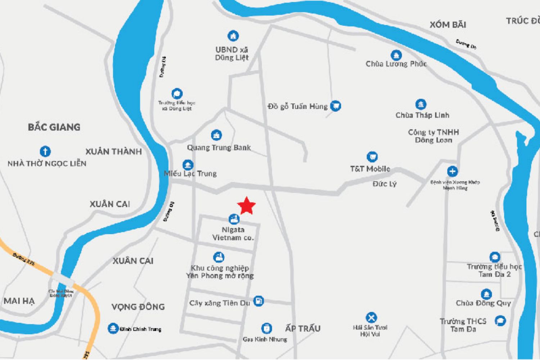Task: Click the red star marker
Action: [x=247, y=206]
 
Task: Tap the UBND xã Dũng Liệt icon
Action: [x=233, y=36]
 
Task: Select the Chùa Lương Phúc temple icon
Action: [x=396, y=55]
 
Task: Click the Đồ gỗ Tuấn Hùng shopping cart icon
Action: [x=336, y=106]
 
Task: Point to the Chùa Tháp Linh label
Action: [x=422, y=115]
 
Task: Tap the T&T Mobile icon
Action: [x=372, y=157]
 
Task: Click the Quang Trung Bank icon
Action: [x=216, y=135]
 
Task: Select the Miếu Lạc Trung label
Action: [x=190, y=174]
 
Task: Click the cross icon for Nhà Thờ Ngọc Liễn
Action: [x=45, y=151]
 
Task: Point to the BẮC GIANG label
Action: [x=54, y=127]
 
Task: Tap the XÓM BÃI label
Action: [x=448, y=25]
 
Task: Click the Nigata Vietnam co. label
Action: [x=233, y=234]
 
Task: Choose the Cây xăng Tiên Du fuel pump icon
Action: [x=258, y=301]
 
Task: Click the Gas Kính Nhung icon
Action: [x=266, y=328]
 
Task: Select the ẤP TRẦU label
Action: [x=303, y=328]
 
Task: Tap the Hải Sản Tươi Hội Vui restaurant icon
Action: [x=371, y=318]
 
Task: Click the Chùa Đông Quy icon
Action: [x=486, y=294]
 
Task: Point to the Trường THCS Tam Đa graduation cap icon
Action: [x=500, y=320]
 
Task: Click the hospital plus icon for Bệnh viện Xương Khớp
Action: [x=453, y=171]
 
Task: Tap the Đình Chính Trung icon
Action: [x=113, y=328]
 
